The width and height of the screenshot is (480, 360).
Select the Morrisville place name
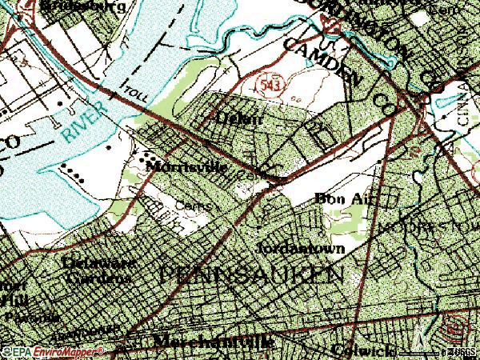(191, 169)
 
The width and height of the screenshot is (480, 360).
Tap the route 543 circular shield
(267, 83)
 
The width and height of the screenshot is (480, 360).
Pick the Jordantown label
(302, 249)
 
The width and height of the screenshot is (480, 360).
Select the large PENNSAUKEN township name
(253, 274)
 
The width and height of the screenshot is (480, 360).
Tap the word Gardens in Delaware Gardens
(98, 278)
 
